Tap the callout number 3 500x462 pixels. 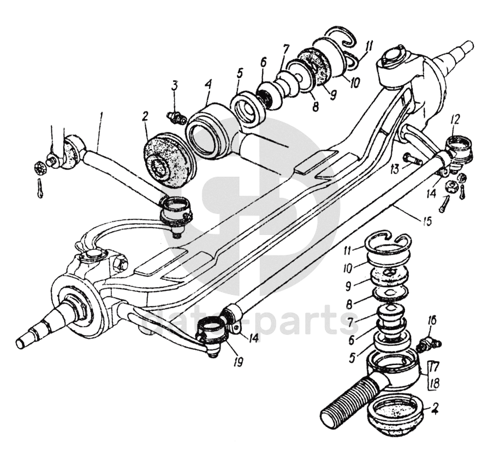(175, 86)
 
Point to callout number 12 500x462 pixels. (455, 118)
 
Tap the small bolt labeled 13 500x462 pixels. (413, 160)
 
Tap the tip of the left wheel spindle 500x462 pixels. (22, 342)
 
